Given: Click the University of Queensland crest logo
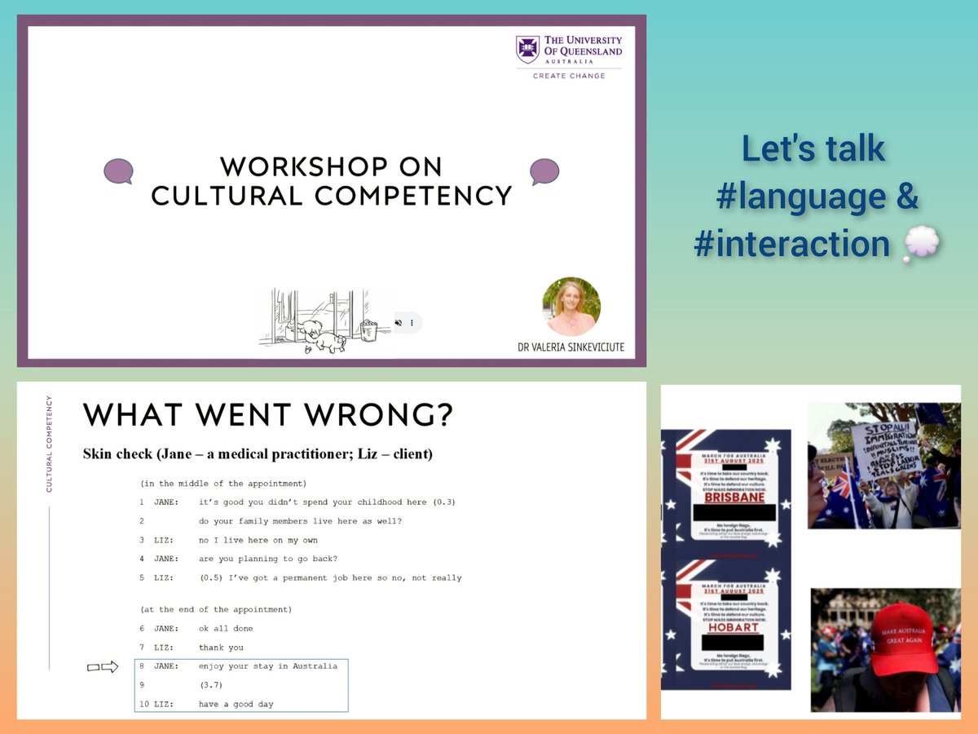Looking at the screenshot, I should [x=527, y=49].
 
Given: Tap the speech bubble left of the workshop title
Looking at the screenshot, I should [x=118, y=170].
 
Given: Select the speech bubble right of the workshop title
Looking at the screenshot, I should [x=544, y=170].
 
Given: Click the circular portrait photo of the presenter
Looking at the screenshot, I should [x=570, y=307].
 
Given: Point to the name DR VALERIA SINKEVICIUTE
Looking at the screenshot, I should [x=570, y=347].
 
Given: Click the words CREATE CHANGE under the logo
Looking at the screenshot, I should [x=569, y=76].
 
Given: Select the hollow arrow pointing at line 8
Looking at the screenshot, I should [x=104, y=667].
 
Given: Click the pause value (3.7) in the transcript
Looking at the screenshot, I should [x=212, y=685].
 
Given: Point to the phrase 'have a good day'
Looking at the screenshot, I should [x=236, y=704].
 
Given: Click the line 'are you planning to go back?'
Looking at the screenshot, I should [x=267, y=559].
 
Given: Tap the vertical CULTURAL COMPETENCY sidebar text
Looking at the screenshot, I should [x=49, y=444].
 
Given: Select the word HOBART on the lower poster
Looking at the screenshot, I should [x=735, y=627].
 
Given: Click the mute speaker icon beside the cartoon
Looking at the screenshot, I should [x=399, y=322].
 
